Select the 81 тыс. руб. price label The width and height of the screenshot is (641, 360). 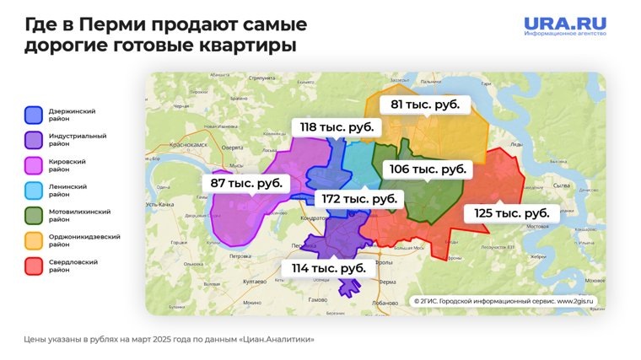point(424,105)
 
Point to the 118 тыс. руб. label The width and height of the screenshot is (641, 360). point(337,127)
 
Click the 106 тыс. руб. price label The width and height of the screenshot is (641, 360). point(428,169)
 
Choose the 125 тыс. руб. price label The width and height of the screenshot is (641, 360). point(511,213)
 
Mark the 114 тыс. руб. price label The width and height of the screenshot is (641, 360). point(328,268)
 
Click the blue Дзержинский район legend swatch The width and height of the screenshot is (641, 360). point(34,115)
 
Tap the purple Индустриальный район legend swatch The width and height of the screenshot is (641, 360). point(34,140)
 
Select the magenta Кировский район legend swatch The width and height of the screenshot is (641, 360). point(34,165)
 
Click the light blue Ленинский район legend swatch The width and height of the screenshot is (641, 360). point(34,191)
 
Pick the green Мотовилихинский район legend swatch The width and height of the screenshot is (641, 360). point(34,216)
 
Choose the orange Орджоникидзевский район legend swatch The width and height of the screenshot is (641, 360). point(34,241)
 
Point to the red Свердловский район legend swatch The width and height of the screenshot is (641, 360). point(34,266)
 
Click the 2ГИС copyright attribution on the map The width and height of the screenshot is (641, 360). point(504,301)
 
